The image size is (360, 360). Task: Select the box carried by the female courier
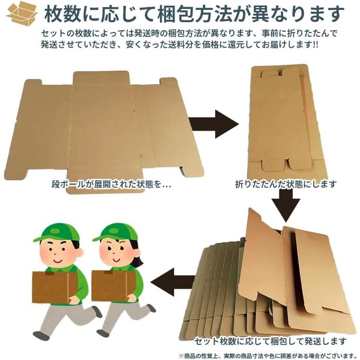tap(113, 285)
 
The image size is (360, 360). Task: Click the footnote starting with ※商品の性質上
tap(267, 355)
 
